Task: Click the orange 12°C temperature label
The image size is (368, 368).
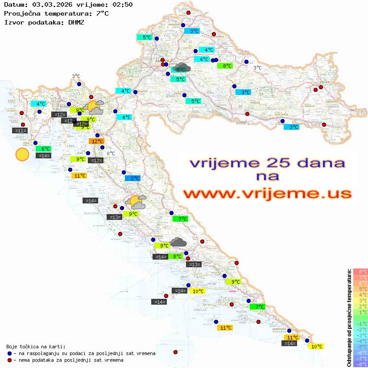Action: point(96,141)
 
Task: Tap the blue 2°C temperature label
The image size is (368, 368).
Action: point(132,178)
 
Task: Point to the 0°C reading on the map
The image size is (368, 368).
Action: point(111,154)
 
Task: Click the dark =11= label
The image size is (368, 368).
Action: point(20,131)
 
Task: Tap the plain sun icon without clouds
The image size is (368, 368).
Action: point(22,154)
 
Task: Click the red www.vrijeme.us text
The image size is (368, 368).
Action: point(267,194)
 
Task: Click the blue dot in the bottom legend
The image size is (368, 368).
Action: point(9,353)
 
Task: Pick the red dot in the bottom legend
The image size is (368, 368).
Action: point(9,360)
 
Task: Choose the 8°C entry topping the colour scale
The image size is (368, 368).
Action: point(360,272)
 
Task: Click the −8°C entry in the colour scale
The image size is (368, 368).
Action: point(360,364)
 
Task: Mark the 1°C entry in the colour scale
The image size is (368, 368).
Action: point(360,312)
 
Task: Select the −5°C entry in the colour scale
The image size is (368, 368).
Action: point(360,347)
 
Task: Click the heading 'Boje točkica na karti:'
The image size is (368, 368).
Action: point(36,347)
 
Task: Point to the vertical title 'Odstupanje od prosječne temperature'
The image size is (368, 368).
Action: point(348,318)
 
